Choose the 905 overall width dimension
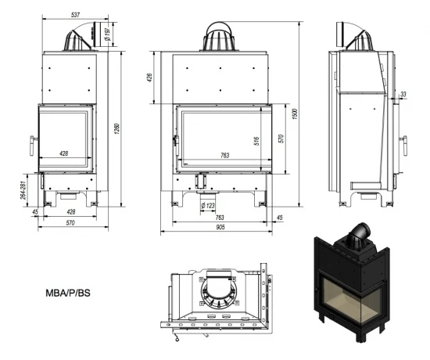pyautogui.click(x=222, y=227)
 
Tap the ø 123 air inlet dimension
pyautogui.click(x=209, y=205)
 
